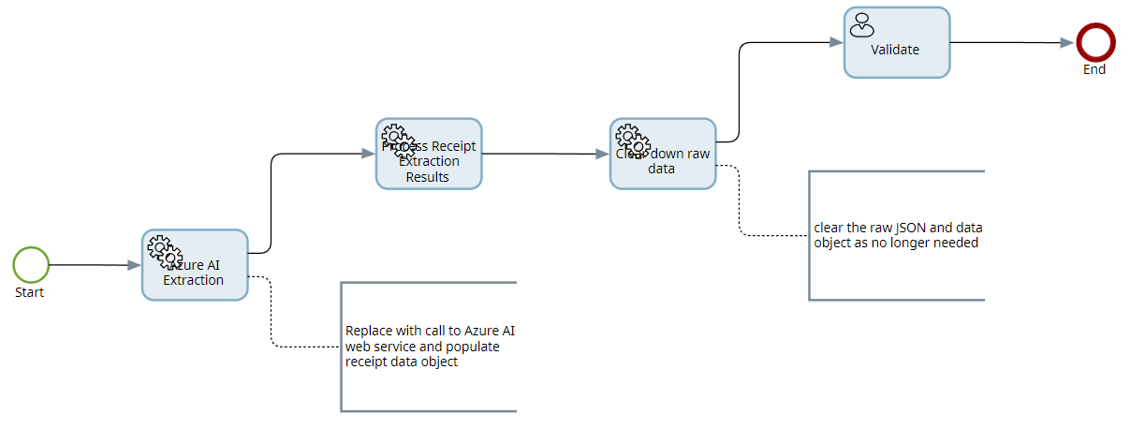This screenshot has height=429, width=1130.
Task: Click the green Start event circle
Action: click(x=31, y=265)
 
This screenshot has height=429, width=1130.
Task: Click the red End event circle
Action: click(x=1093, y=42)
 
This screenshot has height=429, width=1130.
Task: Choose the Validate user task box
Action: click(x=897, y=50)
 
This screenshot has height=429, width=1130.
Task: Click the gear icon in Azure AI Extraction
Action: click(x=165, y=249)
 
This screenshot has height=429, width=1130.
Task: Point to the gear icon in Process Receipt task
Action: click(x=399, y=138)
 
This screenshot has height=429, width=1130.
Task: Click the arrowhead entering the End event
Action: click(x=1066, y=42)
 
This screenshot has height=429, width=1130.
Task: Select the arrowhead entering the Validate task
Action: click(x=836, y=42)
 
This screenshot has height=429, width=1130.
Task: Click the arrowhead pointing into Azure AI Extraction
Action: click(x=134, y=266)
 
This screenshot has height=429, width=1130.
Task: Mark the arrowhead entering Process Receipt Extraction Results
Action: click(x=368, y=154)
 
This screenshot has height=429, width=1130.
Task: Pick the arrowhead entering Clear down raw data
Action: click(x=602, y=154)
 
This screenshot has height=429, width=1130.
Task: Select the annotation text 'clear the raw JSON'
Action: click(x=897, y=234)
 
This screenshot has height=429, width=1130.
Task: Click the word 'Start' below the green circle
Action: click(x=30, y=292)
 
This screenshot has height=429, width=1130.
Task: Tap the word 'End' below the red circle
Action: click(x=1093, y=69)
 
